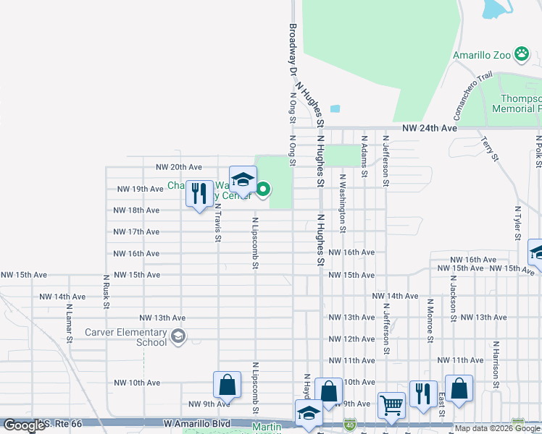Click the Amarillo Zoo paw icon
522,54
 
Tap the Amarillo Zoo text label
482,55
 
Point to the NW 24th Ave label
430,127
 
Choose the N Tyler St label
517,221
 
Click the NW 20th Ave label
182,166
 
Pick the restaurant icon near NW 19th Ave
199,194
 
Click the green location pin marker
264,191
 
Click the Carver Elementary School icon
178,336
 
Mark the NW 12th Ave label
351,339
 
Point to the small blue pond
335,109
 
